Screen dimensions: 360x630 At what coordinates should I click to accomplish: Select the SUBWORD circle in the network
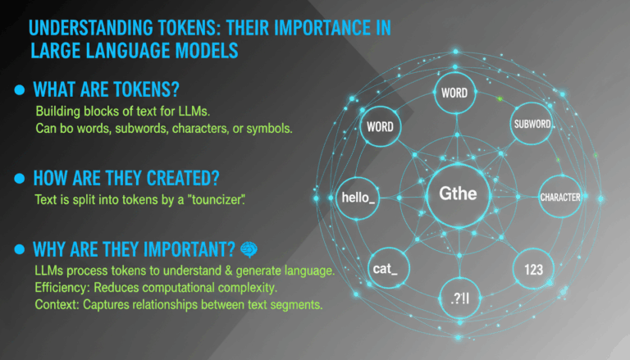531,124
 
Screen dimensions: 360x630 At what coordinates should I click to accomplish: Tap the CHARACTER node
559,197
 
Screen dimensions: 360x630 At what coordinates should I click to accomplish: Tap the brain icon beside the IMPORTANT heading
250,248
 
